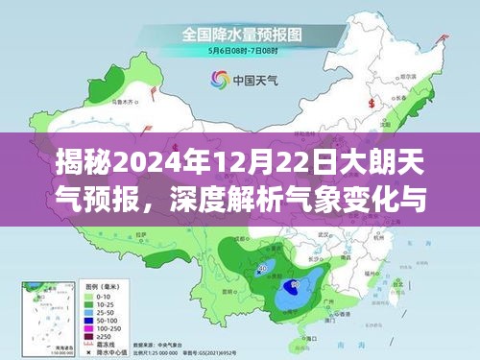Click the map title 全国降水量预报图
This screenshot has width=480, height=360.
pos(240,35)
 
